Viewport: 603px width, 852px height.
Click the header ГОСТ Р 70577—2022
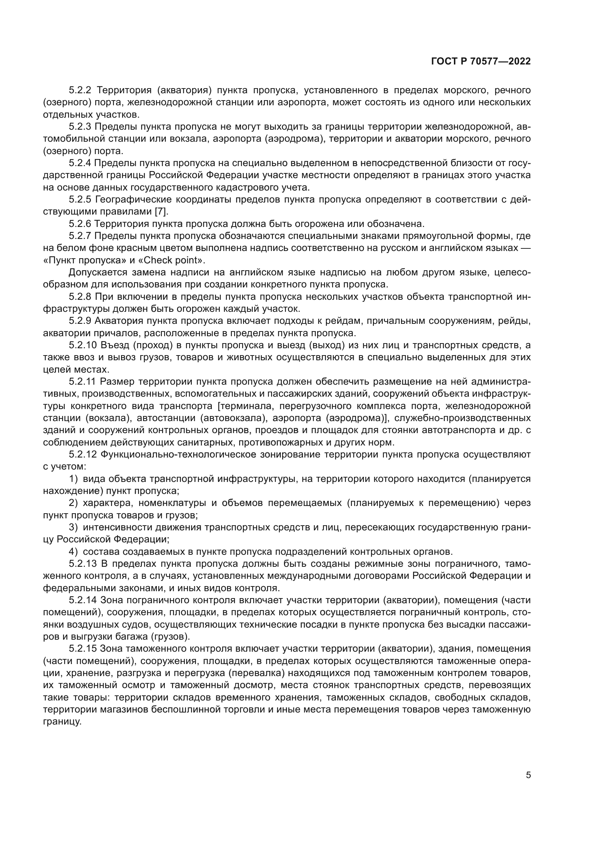(x=481, y=62)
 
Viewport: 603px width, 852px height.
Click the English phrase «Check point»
(x=174, y=260)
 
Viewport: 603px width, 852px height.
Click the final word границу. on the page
(x=62, y=722)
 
